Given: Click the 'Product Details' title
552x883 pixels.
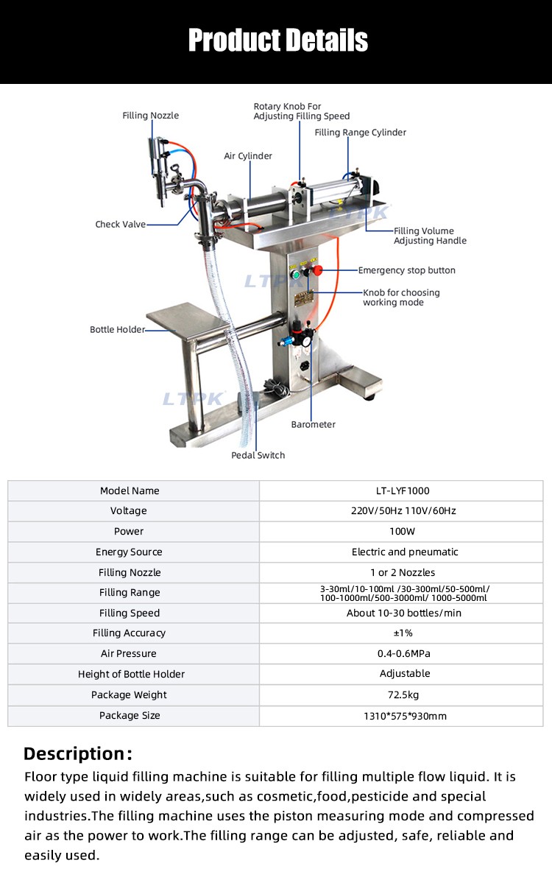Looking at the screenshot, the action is tap(278, 40).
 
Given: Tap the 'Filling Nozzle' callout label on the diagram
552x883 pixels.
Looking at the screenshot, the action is tap(151, 116).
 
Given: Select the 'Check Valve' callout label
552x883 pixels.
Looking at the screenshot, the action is tap(121, 224).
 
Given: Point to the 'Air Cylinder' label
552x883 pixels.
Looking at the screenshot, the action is tap(248, 156).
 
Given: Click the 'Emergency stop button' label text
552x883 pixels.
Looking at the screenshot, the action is tap(407, 270).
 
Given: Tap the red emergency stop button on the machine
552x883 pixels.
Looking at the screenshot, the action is tap(318, 270).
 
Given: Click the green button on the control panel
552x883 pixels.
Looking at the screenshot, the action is tap(295, 275).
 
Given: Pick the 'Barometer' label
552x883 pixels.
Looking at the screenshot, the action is tap(314, 425).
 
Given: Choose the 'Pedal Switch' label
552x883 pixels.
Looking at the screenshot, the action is tap(258, 455).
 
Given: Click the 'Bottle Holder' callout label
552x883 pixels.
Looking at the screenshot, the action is tap(118, 329).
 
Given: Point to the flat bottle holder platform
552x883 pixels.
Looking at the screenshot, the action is tap(188, 319).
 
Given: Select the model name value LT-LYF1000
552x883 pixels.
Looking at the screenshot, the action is tap(403, 490).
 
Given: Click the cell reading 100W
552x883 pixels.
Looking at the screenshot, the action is tap(403, 531).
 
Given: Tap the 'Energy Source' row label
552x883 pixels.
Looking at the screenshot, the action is tap(129, 552).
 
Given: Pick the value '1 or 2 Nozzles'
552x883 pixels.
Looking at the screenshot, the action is tap(403, 572).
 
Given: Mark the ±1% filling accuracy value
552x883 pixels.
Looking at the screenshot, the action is tap(403, 633).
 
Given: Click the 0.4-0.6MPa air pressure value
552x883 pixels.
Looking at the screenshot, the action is tap(404, 653).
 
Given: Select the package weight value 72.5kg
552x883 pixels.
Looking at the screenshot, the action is tap(403, 695).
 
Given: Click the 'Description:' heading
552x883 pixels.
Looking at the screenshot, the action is tap(78, 753).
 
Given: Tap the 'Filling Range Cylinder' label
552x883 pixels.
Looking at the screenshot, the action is tap(360, 133).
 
